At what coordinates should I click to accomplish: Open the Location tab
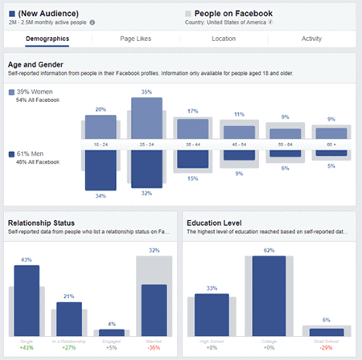pos(223,39)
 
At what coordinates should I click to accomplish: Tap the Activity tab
pos(311,39)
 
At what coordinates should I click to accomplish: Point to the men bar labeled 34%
pos(101,170)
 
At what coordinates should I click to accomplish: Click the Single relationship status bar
pos(27,300)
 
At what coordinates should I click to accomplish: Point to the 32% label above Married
pos(154,250)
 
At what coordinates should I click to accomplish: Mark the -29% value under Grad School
pos(325,346)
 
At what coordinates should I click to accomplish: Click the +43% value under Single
pos(27,346)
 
